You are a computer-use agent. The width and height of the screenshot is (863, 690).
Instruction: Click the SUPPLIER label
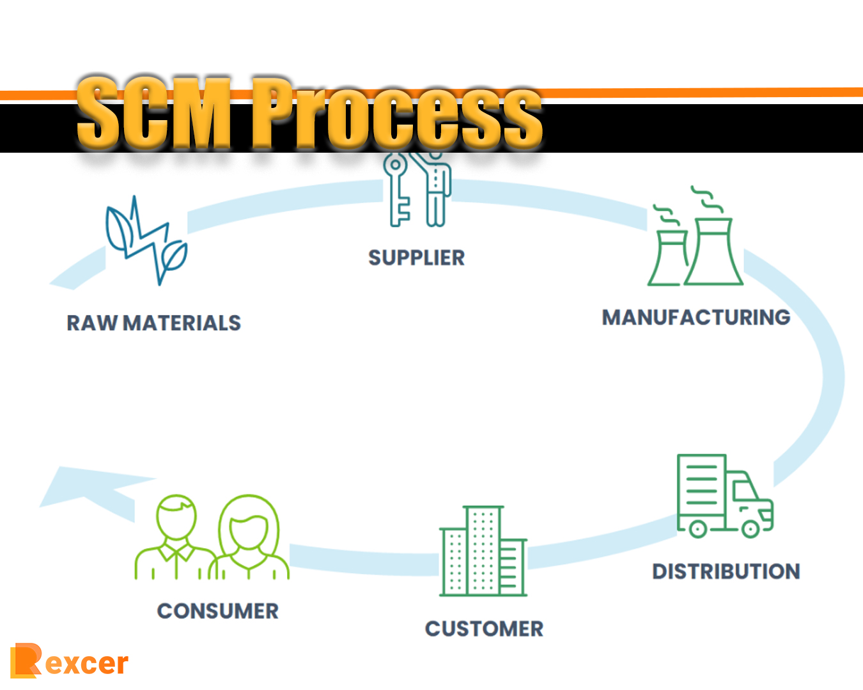click(x=416, y=257)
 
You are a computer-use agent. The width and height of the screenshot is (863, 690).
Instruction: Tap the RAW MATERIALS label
click(x=153, y=323)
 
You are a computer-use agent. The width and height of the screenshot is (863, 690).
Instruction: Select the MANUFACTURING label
click(x=696, y=317)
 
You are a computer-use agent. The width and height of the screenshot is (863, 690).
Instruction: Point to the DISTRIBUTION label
click(x=726, y=571)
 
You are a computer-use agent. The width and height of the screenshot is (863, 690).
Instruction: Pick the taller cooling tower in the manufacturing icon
click(x=713, y=252)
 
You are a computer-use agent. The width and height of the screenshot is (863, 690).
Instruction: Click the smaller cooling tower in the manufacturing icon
click(x=667, y=259)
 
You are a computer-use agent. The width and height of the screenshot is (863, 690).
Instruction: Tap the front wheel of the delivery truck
click(x=750, y=528)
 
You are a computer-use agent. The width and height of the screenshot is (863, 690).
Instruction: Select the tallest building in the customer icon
click(x=483, y=551)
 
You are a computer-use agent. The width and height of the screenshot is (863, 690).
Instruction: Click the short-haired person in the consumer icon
click(x=176, y=537)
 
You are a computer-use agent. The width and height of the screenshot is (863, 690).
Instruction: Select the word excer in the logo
click(x=86, y=664)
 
